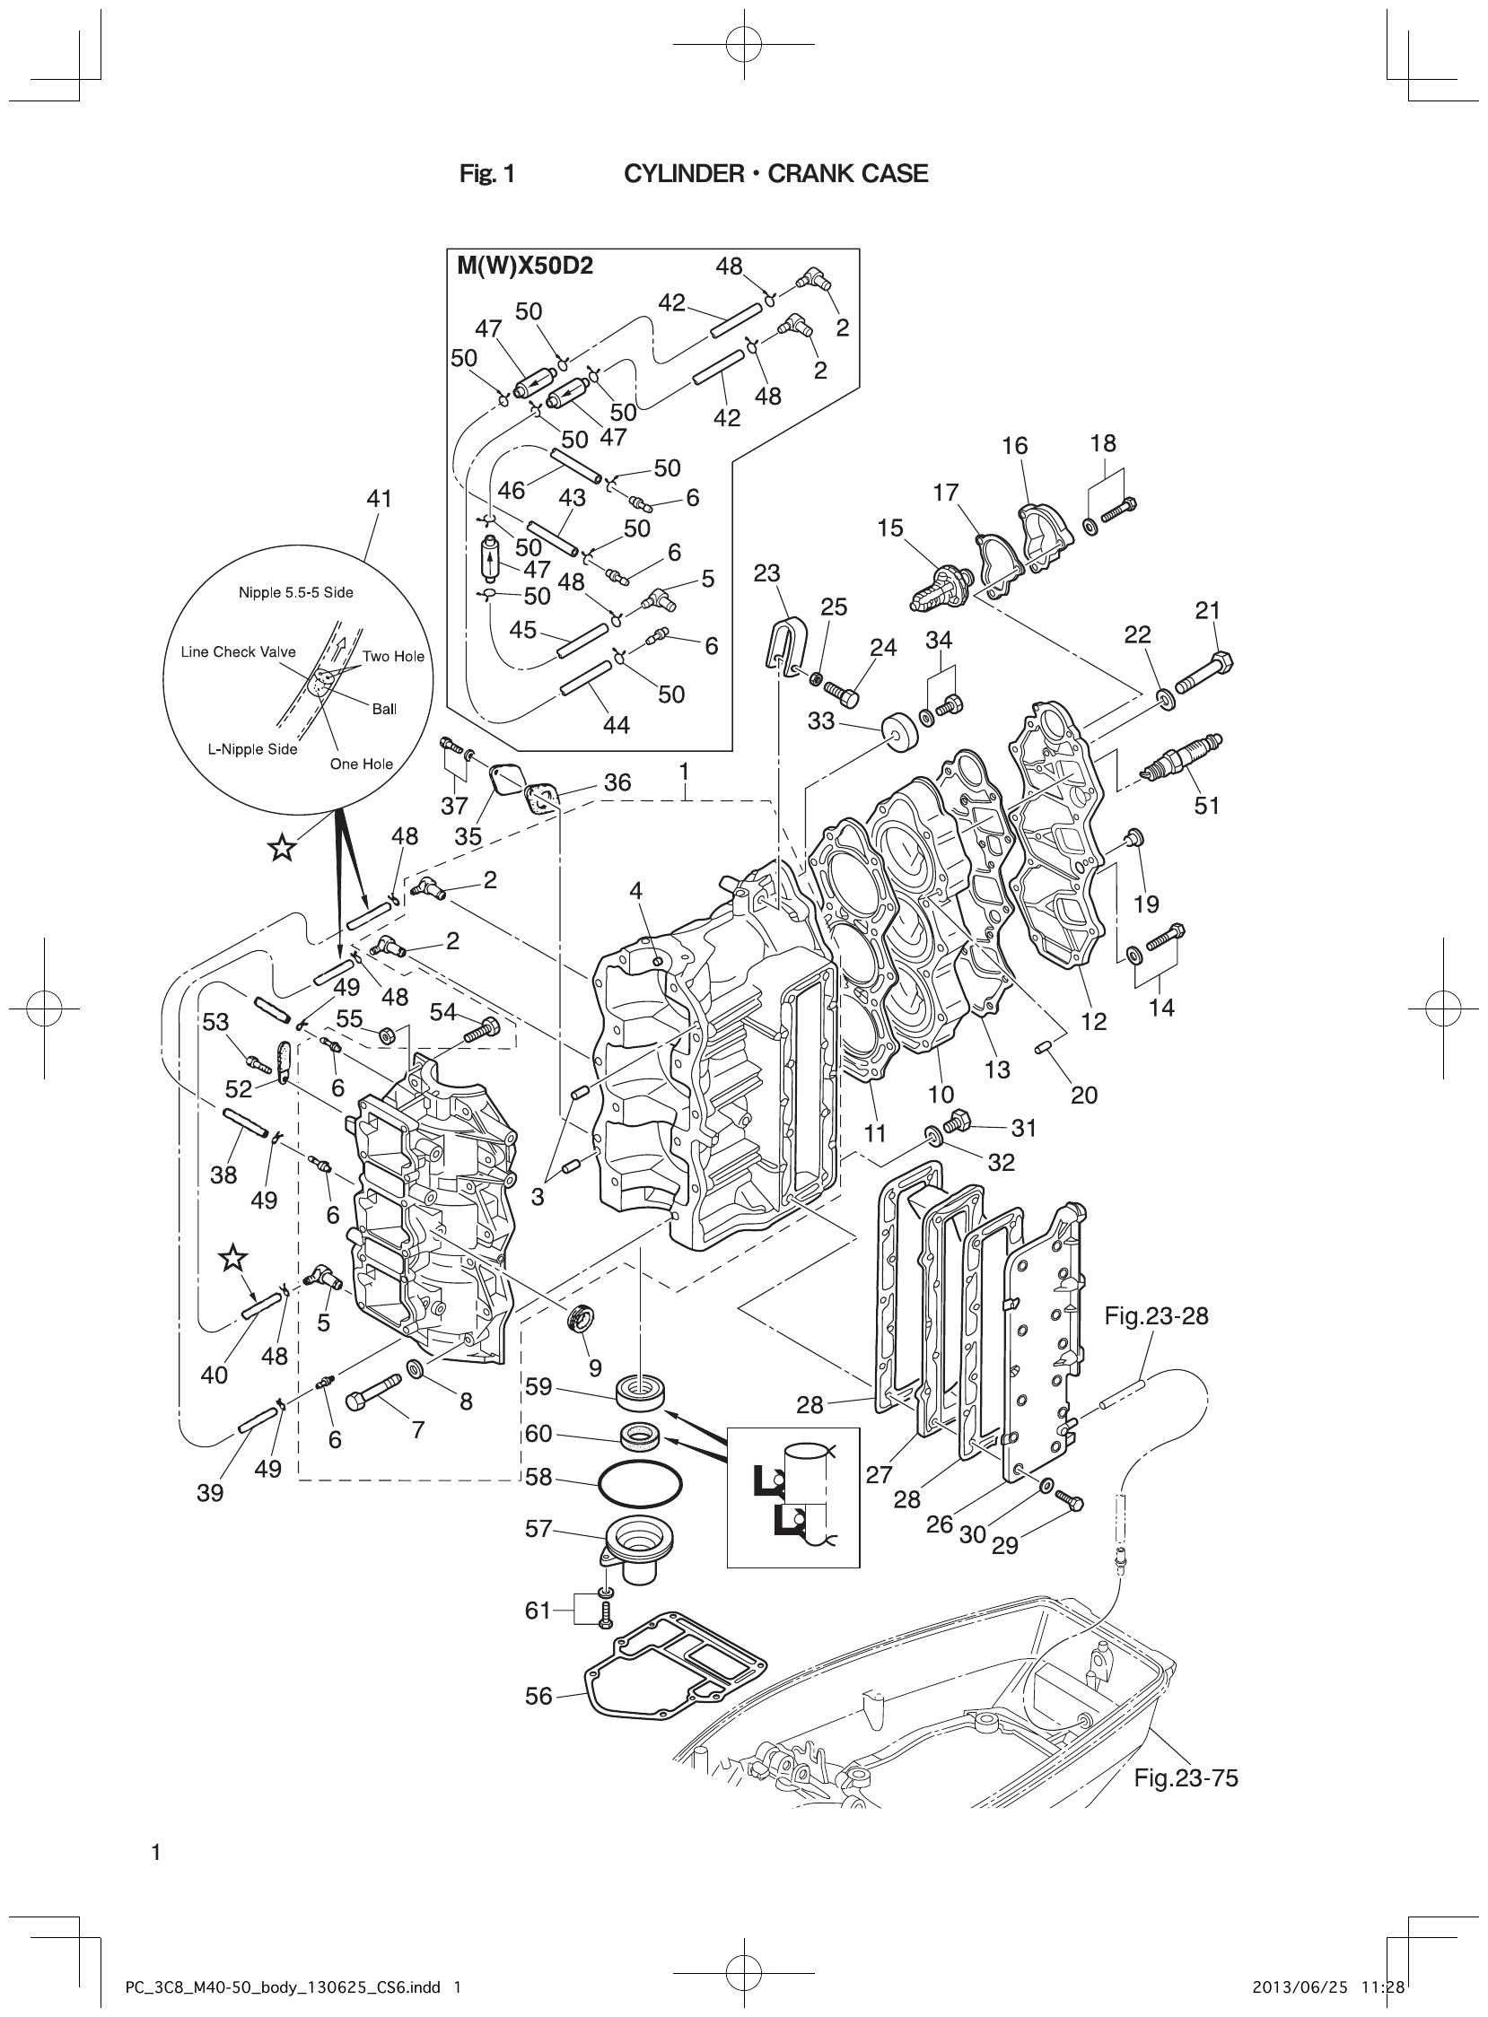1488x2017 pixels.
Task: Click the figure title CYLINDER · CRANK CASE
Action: coord(775,174)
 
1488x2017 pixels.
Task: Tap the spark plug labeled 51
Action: coord(1181,757)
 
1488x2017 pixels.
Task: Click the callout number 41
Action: coord(380,498)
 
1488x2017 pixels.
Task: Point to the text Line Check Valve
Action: coord(238,652)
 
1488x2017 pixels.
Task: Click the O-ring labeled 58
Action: coord(640,1480)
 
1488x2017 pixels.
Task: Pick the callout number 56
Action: coord(538,1697)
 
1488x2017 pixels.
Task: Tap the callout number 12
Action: coord(1093,1021)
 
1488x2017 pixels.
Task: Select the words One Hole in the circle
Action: coord(361,764)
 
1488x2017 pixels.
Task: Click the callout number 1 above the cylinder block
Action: coord(685,772)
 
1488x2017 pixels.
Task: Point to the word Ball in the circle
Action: coord(385,709)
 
